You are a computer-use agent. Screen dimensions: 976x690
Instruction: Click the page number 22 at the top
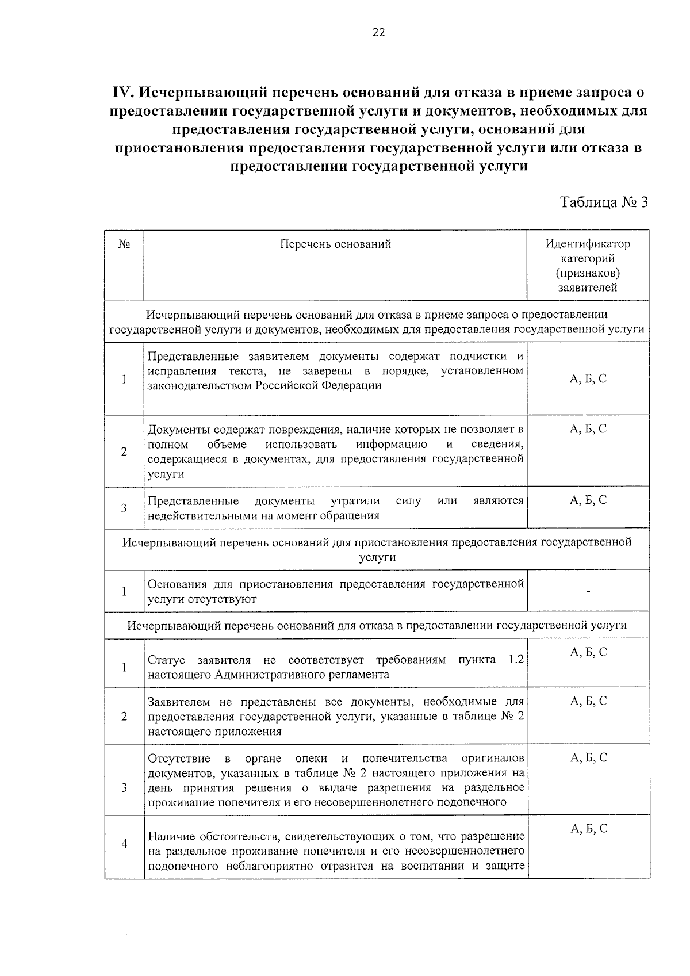(x=378, y=33)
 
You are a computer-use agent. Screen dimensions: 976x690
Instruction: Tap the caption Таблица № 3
(x=604, y=202)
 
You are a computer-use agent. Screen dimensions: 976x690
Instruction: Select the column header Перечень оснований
(x=335, y=244)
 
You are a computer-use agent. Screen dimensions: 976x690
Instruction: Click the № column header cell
(x=124, y=244)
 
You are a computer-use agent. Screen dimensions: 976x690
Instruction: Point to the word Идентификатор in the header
(x=588, y=244)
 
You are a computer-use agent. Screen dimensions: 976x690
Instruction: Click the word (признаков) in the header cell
(x=588, y=273)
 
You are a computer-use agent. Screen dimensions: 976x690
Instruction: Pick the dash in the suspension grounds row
(x=588, y=591)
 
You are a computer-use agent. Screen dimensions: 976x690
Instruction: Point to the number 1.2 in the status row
(x=516, y=659)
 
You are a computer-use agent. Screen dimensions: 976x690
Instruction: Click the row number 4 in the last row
(x=124, y=844)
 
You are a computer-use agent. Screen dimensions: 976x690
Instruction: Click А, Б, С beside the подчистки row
(x=588, y=378)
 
